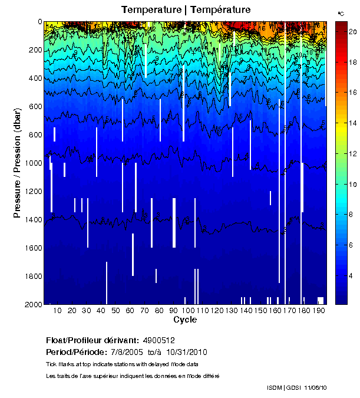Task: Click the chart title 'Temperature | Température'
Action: point(186,10)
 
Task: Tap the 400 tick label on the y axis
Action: point(35,78)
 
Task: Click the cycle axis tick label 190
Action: point(318,310)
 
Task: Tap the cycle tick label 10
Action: point(57,310)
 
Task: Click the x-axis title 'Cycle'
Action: point(185,320)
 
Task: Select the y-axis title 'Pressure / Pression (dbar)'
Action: point(17,163)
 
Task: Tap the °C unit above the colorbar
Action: point(341,13)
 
